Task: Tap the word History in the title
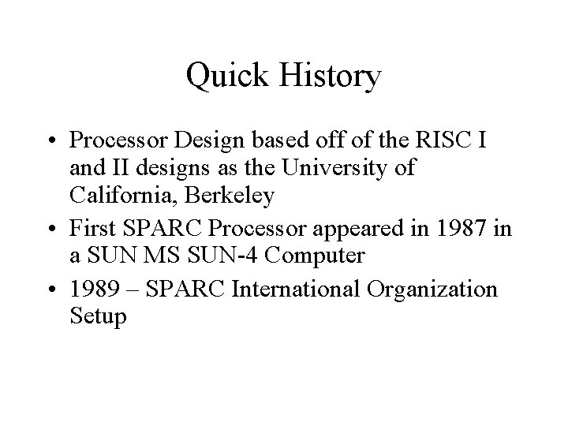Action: tap(324, 77)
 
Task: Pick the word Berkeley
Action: tap(235, 195)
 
